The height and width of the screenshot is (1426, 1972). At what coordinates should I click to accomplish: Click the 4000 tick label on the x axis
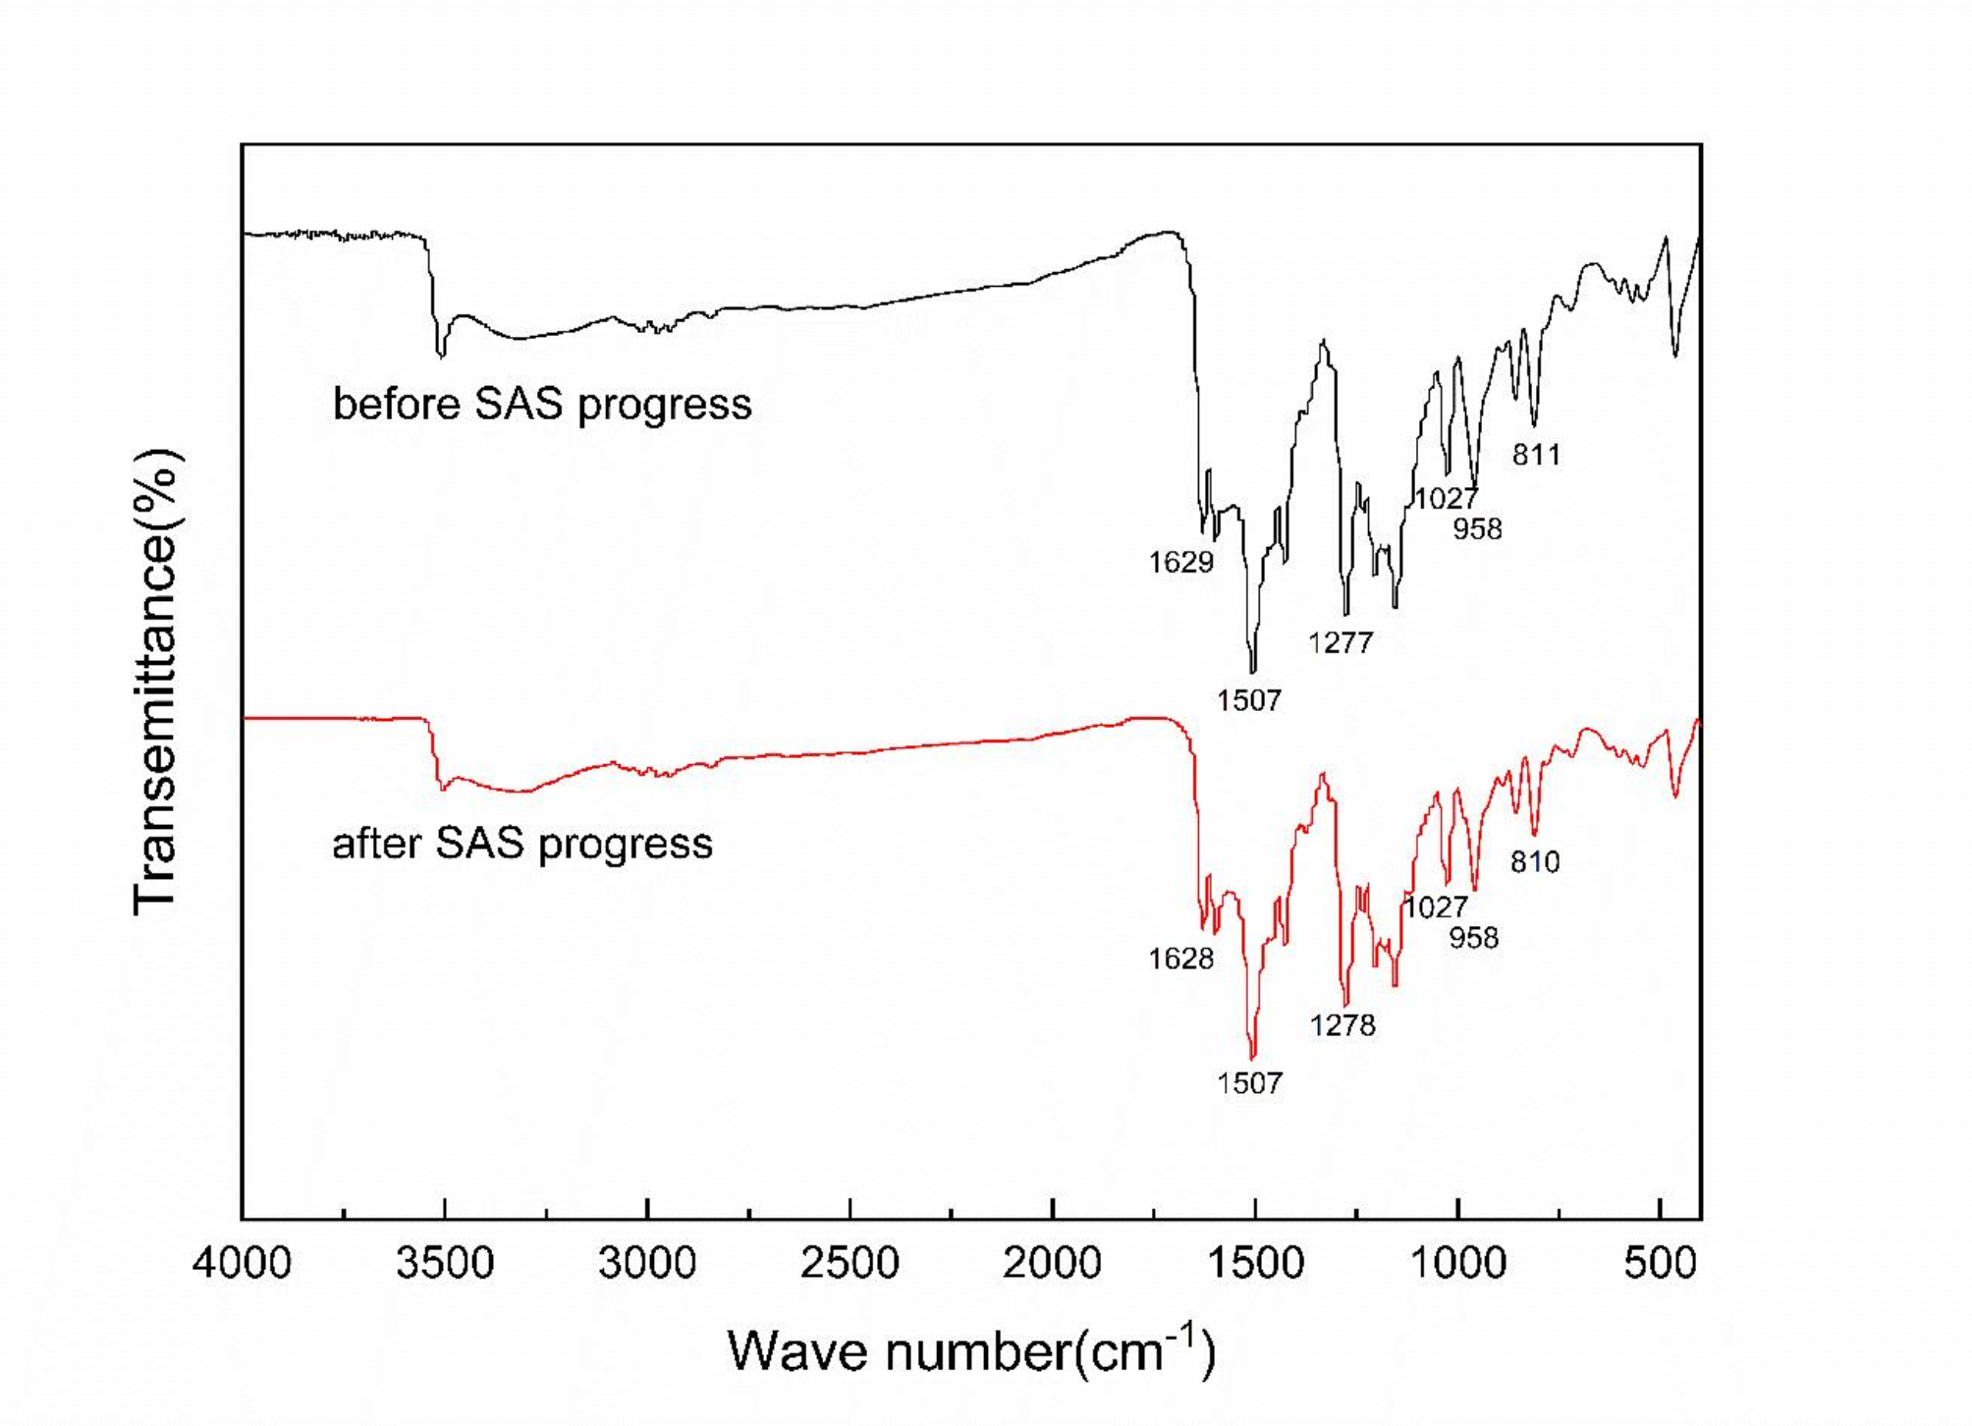click(242, 1263)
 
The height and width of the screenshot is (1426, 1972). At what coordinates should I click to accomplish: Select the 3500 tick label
click(444, 1263)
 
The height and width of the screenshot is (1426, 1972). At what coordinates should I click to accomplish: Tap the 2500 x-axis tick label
click(849, 1263)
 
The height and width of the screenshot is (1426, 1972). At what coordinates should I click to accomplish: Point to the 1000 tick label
click(1457, 1263)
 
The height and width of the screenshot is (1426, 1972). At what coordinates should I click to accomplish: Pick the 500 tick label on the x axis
click(1660, 1263)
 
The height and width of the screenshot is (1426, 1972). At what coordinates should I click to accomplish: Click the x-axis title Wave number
click(970, 1351)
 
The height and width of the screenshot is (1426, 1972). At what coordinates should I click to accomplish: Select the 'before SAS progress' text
click(542, 405)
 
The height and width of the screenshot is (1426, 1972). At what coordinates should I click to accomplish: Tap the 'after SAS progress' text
click(522, 844)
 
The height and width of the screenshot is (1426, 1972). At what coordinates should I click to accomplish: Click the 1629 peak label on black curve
click(1181, 563)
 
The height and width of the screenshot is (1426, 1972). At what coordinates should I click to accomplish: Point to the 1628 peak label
click(1181, 959)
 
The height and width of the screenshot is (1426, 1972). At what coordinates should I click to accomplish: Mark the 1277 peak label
click(1341, 643)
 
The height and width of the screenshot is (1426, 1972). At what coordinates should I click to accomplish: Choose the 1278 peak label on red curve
click(1342, 1025)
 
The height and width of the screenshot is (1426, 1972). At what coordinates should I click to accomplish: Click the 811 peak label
click(1536, 455)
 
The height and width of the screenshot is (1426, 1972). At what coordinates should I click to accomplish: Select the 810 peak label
click(1535, 862)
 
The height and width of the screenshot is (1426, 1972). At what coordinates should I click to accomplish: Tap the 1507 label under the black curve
click(1249, 700)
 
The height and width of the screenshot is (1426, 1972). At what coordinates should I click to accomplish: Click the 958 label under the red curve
click(1474, 938)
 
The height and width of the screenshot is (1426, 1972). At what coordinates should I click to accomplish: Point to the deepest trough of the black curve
click(1252, 671)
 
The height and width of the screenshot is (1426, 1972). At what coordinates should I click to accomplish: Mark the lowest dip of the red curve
click(1252, 1057)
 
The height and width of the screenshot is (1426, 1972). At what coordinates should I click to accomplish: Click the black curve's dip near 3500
click(442, 356)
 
